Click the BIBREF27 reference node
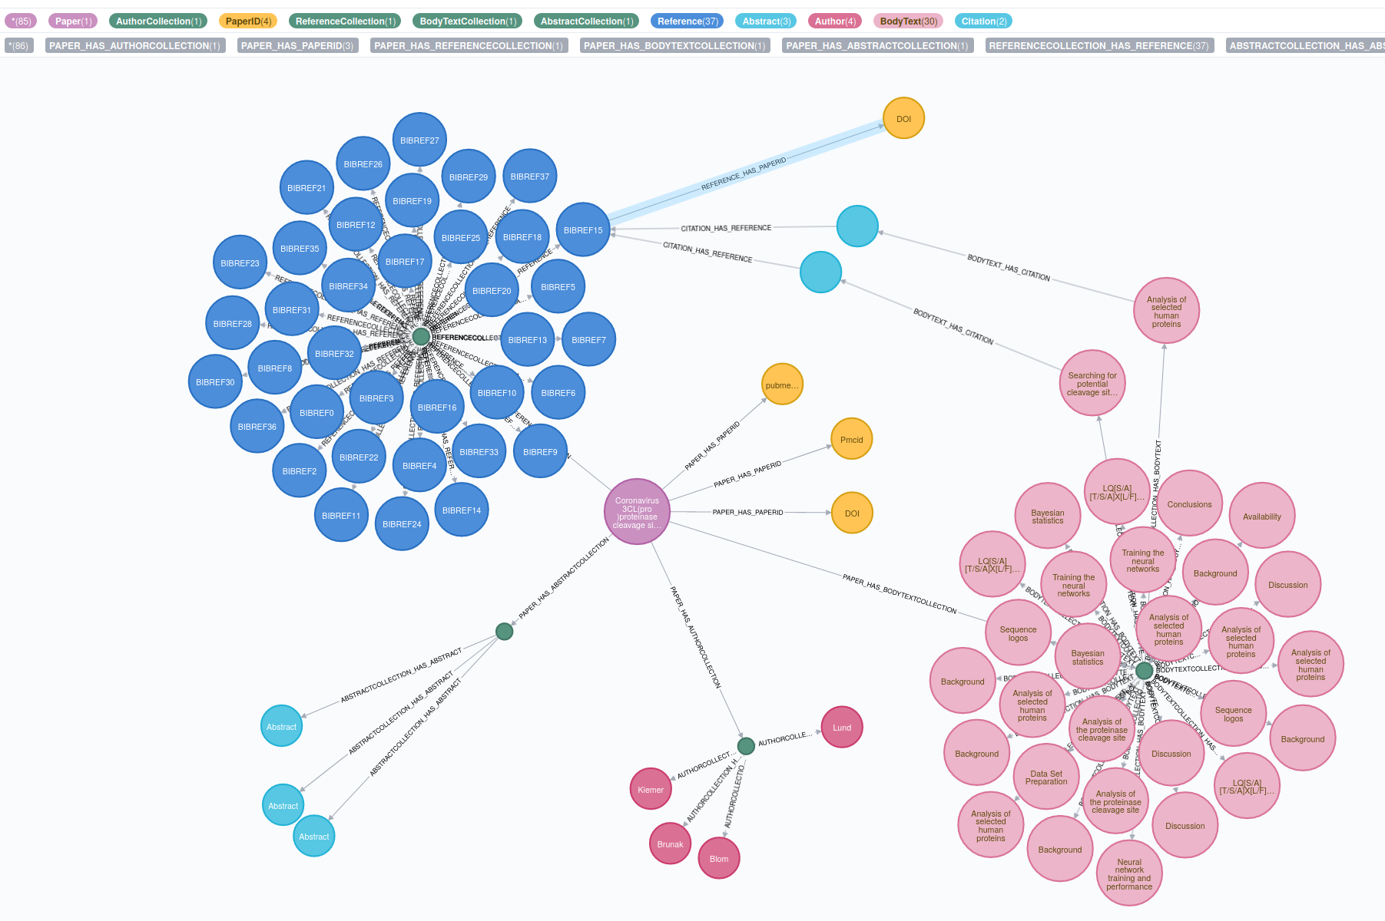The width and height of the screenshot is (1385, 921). click(x=419, y=140)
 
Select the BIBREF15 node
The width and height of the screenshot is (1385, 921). click(x=583, y=230)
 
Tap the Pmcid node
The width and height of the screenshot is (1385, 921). click(x=851, y=440)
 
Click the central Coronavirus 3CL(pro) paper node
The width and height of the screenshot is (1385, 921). click(x=637, y=512)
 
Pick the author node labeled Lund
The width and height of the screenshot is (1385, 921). click(x=842, y=728)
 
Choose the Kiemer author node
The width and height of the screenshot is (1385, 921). click(x=651, y=790)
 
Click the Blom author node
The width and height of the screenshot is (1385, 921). click(x=719, y=859)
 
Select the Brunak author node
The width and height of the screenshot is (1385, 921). click(x=670, y=844)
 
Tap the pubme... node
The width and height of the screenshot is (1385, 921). click(x=782, y=385)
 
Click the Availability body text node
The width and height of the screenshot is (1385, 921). click(x=1262, y=517)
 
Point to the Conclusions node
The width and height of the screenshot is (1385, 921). click(x=1189, y=504)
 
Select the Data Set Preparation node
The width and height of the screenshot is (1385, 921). click(x=1046, y=777)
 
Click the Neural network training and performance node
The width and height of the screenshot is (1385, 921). click(x=1129, y=874)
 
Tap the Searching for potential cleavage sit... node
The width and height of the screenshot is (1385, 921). click(x=1092, y=384)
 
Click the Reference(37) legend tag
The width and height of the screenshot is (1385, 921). click(x=688, y=21)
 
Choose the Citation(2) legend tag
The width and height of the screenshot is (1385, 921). click(x=983, y=21)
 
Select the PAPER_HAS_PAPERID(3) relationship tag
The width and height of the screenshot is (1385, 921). click(x=297, y=46)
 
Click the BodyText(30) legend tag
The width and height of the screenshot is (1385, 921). click(x=908, y=21)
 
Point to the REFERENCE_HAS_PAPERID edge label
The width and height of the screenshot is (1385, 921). click(x=744, y=174)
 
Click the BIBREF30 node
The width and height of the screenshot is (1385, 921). click(x=215, y=382)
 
